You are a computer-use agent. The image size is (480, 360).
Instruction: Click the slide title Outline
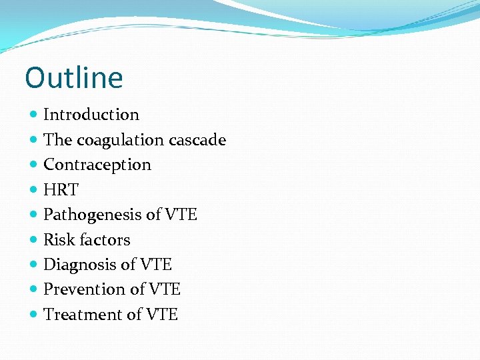click(74, 77)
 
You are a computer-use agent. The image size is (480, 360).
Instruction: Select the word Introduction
click(91, 115)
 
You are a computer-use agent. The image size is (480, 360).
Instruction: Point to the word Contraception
click(97, 165)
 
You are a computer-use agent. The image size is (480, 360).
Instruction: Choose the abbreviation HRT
click(61, 190)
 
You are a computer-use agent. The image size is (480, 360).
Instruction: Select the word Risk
click(57, 239)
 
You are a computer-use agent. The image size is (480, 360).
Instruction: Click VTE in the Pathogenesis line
click(181, 215)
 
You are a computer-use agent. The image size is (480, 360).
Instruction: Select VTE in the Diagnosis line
click(156, 265)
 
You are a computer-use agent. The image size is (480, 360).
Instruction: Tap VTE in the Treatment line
click(162, 315)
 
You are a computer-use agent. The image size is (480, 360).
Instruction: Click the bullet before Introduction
click(34, 115)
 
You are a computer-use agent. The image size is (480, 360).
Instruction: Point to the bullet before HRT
click(34, 190)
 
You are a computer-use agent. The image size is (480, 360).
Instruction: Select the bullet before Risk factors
click(34, 240)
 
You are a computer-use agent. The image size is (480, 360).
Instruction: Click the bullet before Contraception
click(34, 165)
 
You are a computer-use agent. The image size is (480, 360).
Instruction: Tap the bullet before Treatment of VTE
click(34, 315)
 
